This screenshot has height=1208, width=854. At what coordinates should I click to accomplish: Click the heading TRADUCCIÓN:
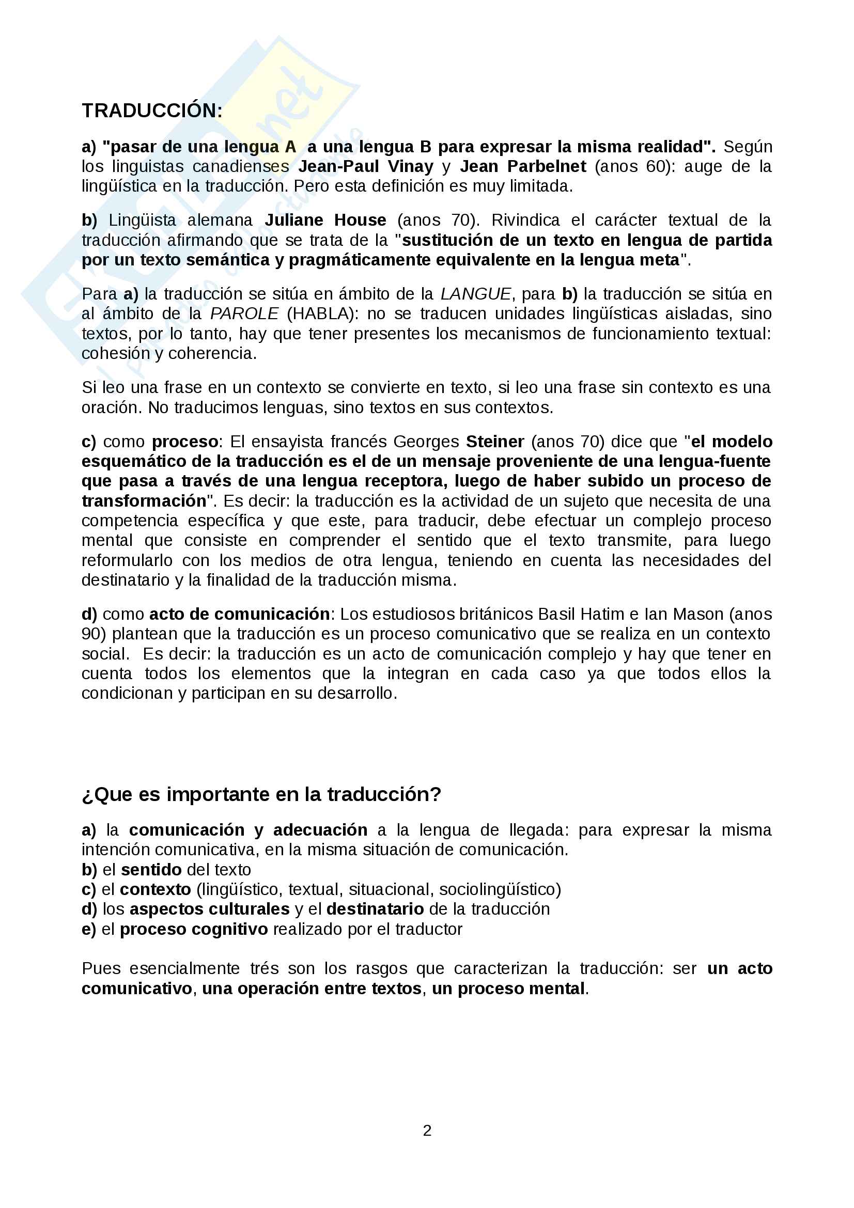[x=152, y=111]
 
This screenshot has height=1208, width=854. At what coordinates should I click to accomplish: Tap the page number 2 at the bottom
[x=427, y=1130]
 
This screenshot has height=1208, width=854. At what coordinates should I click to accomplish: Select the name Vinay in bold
[x=410, y=166]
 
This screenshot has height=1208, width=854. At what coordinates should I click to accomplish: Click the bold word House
[x=361, y=220]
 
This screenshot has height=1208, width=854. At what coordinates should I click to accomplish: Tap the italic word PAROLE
[x=244, y=313]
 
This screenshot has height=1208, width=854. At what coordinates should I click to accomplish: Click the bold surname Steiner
[x=495, y=442]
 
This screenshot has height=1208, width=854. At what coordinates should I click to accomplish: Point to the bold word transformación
[x=144, y=501]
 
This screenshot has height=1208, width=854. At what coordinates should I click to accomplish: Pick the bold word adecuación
[x=320, y=830]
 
